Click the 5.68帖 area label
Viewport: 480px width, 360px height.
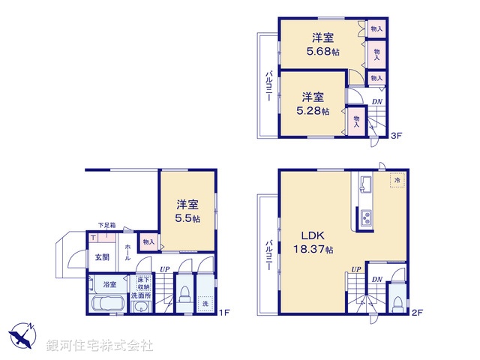323,52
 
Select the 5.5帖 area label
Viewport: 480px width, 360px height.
188,218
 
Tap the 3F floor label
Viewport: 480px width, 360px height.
396,135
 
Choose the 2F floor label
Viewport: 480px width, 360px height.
417,312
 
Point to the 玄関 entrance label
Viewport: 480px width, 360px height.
102,256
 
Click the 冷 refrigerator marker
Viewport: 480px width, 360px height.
395,181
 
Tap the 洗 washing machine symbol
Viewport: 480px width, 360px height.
205,305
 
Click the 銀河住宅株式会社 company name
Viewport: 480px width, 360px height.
100,346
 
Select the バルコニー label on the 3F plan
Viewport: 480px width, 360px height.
268,87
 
